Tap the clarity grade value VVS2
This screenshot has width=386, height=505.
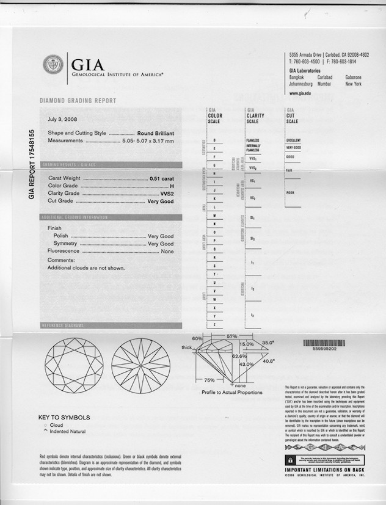[165, 193]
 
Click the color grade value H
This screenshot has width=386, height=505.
[172, 186]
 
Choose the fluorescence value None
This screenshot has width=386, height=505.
[167, 251]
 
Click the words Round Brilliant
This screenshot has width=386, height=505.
[155, 133]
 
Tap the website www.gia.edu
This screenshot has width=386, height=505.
[300, 93]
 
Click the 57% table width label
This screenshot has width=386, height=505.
[232, 336]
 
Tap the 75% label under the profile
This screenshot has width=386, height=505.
[209, 379]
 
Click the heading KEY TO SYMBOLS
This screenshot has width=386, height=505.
[64, 418]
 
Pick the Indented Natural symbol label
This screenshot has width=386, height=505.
[67, 432]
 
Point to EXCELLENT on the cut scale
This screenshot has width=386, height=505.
[293, 140]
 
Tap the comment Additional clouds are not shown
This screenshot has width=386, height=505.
[86, 267]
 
